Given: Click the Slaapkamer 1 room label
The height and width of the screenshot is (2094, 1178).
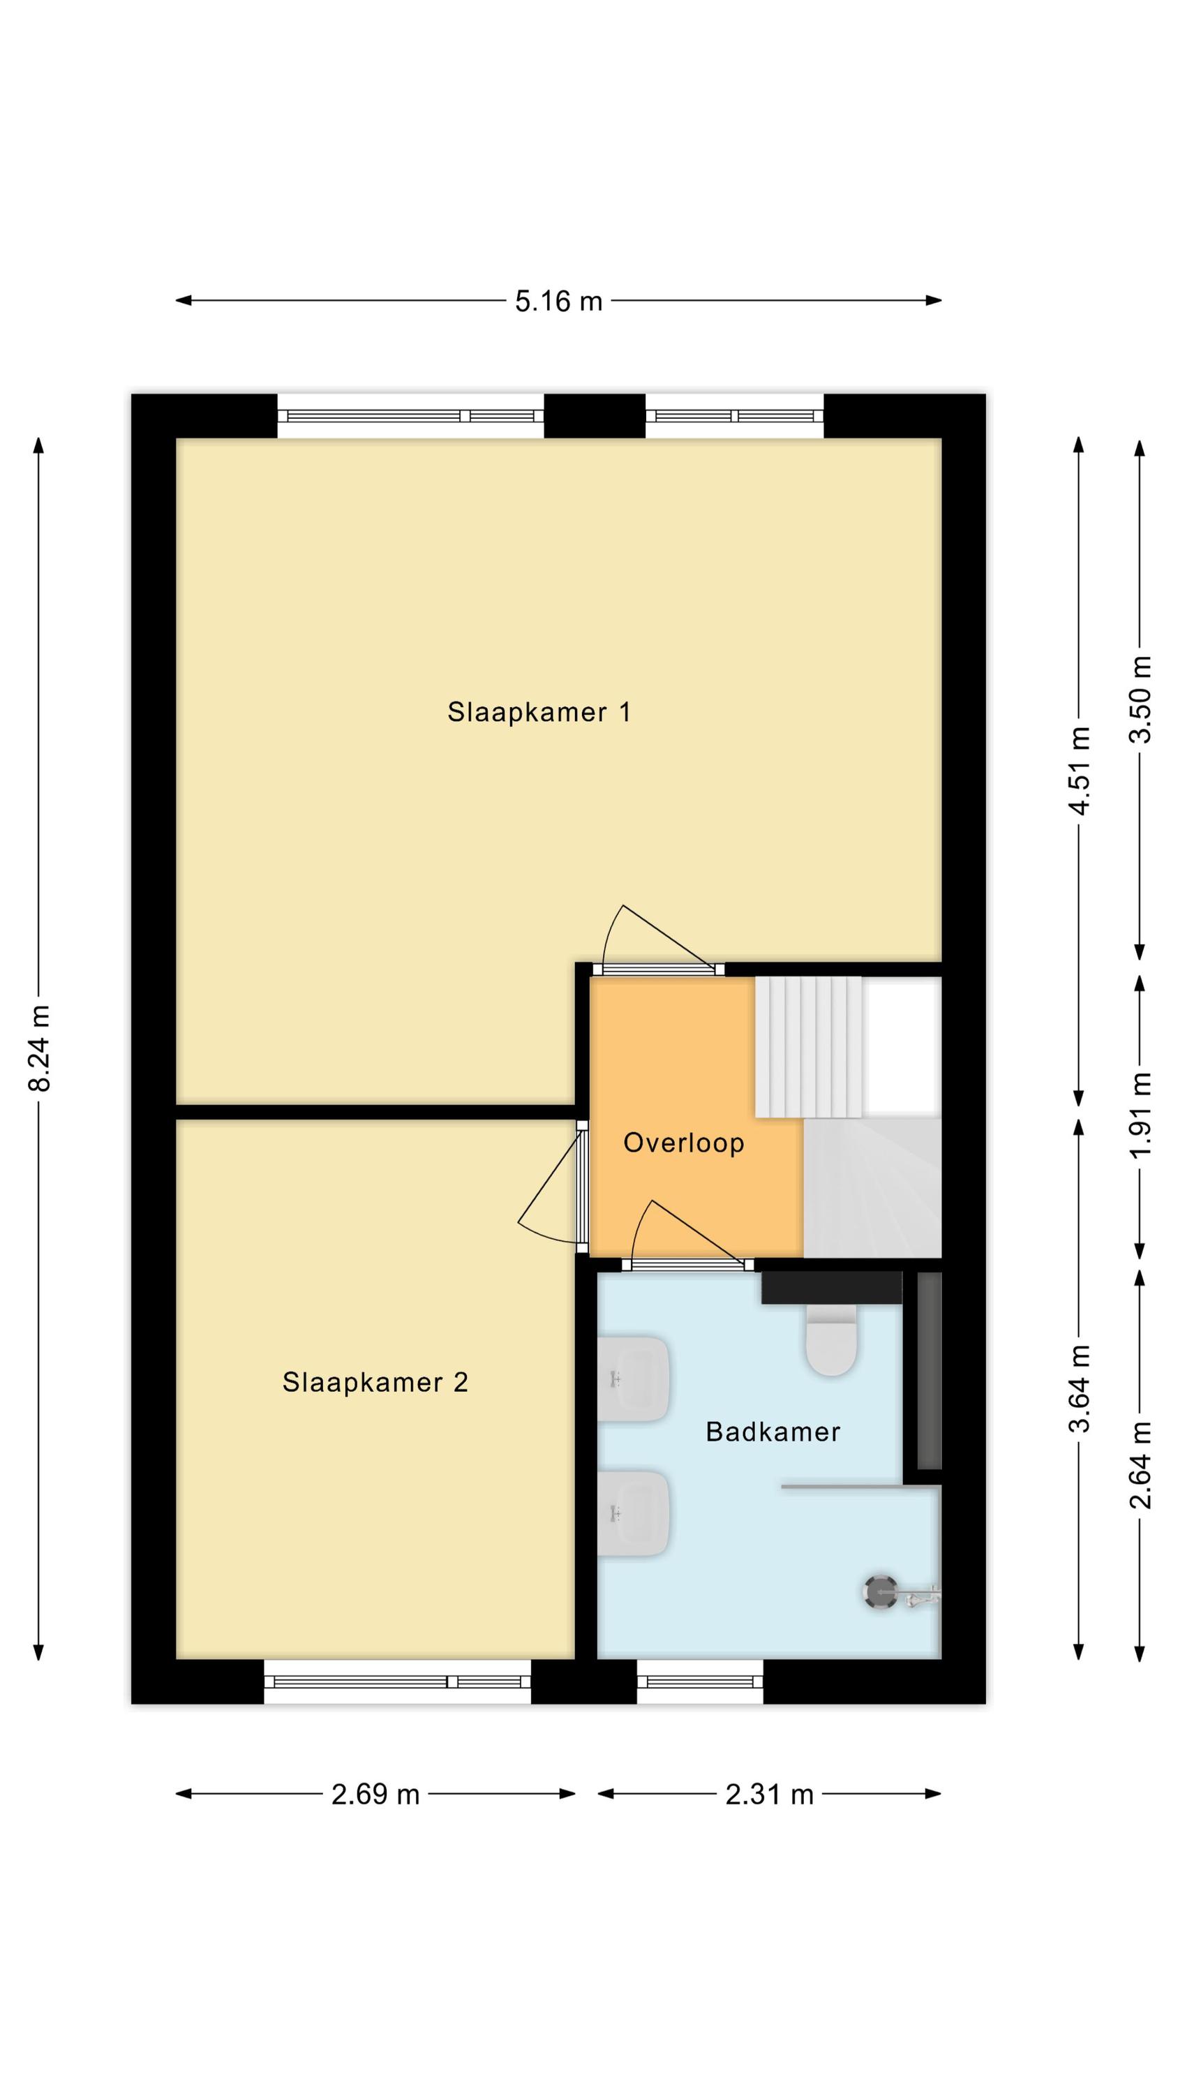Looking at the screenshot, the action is point(539,712).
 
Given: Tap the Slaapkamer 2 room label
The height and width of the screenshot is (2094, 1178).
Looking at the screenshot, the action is point(375,1382).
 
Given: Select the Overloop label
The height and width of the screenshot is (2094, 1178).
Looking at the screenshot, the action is point(684,1143).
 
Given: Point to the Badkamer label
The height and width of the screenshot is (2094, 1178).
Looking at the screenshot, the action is point(773,1431).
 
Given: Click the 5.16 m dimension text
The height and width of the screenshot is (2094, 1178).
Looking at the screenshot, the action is point(558,301).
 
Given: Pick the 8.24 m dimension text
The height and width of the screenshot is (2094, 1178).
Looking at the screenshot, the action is point(39,1048).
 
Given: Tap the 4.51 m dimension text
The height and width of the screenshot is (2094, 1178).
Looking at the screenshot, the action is point(1079,771).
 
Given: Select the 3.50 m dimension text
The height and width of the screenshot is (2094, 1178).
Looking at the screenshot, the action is point(1140,699).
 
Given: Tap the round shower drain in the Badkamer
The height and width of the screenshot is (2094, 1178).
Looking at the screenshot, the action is point(879,1591).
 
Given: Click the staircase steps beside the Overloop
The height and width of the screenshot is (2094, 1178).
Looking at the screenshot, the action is point(808,1046).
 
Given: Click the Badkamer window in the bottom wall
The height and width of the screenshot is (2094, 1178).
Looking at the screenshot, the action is point(700,1671).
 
